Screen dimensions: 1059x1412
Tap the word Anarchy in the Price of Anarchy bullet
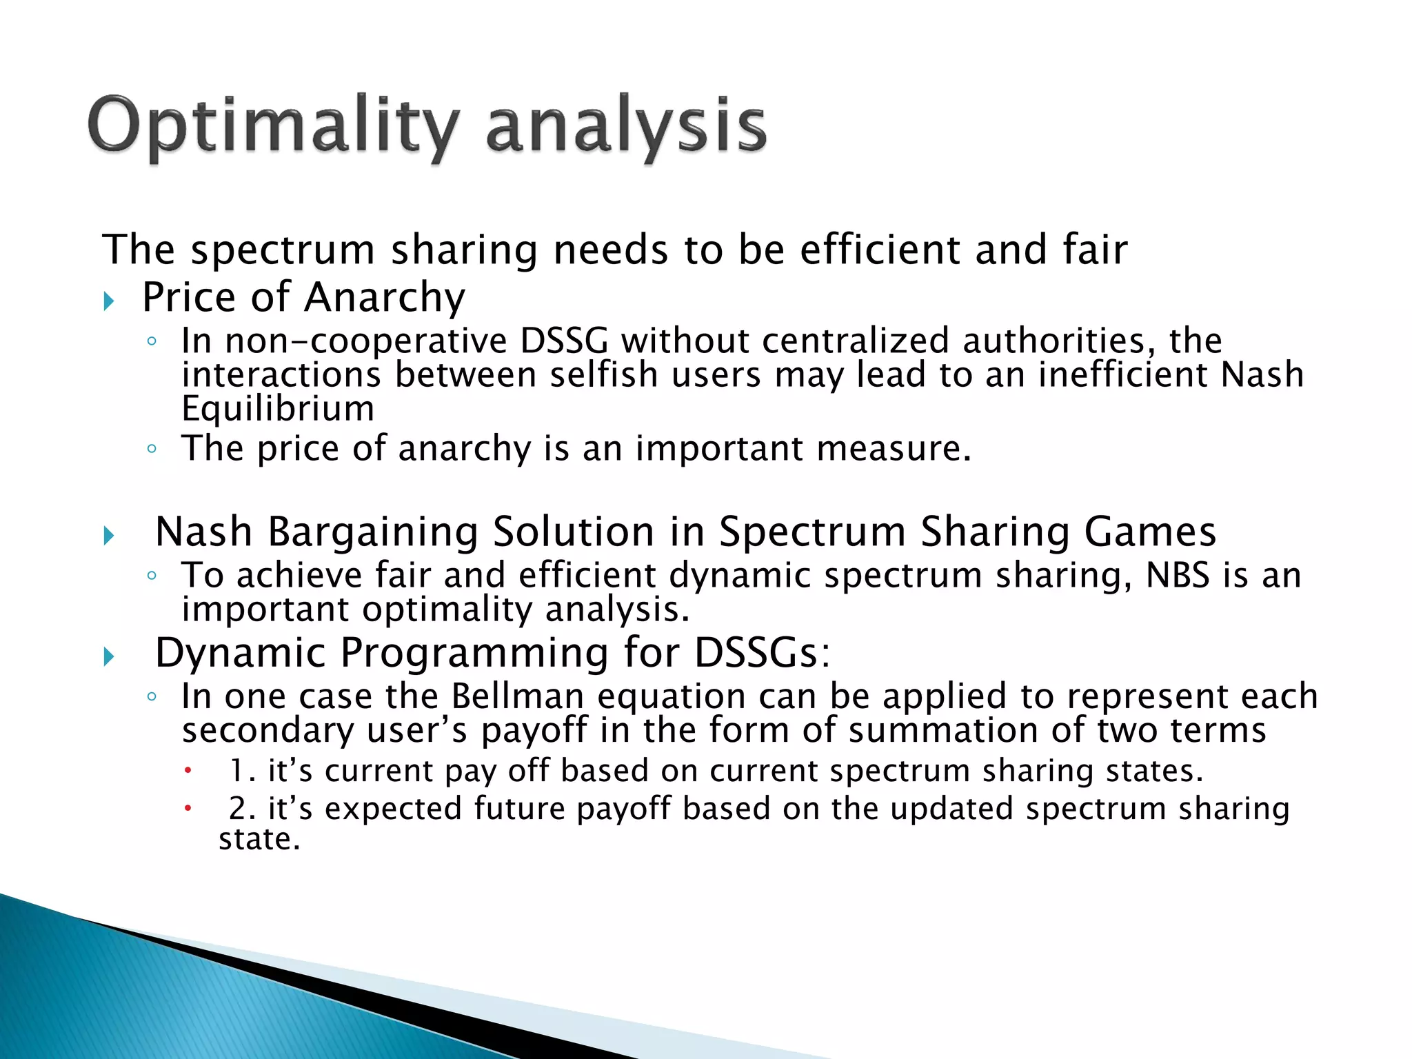[385, 298]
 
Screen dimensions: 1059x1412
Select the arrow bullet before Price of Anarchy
[108, 301]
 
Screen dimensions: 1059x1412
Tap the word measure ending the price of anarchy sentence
[893, 449]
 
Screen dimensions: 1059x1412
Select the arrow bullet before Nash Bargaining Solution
[108, 535]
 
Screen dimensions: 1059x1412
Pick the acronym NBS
[1177, 575]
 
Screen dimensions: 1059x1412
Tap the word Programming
[474, 653]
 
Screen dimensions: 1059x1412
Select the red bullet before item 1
[186, 771]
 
